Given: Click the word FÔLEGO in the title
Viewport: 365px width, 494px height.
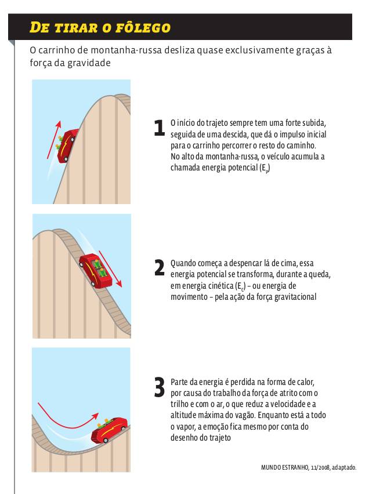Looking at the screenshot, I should point(143,27).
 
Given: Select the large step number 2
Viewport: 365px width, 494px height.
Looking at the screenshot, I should point(160,268).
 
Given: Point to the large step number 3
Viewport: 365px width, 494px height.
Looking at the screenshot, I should point(160,387).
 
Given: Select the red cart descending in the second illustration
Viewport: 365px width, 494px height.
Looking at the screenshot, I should point(96,270).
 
